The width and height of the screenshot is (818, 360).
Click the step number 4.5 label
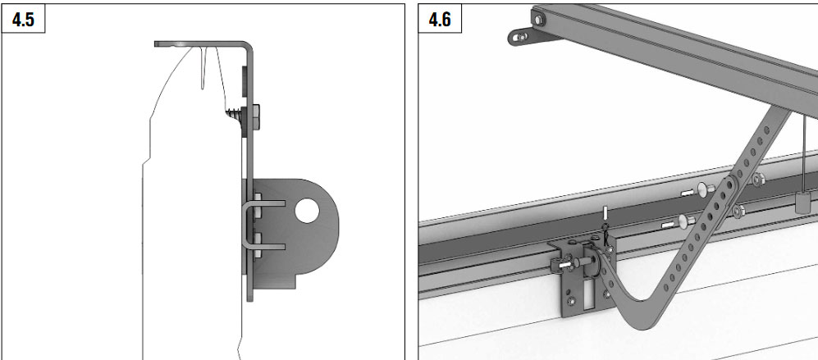(23, 20)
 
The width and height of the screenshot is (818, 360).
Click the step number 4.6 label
(440, 20)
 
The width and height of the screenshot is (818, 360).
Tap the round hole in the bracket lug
(307, 211)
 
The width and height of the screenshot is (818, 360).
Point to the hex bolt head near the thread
(256, 118)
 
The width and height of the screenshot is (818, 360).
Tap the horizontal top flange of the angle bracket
(201, 43)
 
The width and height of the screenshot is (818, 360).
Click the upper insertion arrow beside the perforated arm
(688, 193)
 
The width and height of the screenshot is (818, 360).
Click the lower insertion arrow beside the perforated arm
(669, 226)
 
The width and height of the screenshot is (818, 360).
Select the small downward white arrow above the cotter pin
(606, 214)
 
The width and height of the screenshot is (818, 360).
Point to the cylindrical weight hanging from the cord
(803, 202)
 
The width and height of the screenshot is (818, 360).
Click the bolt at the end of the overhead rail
(538, 20)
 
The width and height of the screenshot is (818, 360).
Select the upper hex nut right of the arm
(758, 179)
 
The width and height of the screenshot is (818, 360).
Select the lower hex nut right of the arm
(738, 211)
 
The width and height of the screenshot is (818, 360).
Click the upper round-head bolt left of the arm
(706, 189)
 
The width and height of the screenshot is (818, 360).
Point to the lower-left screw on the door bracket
(571, 300)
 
